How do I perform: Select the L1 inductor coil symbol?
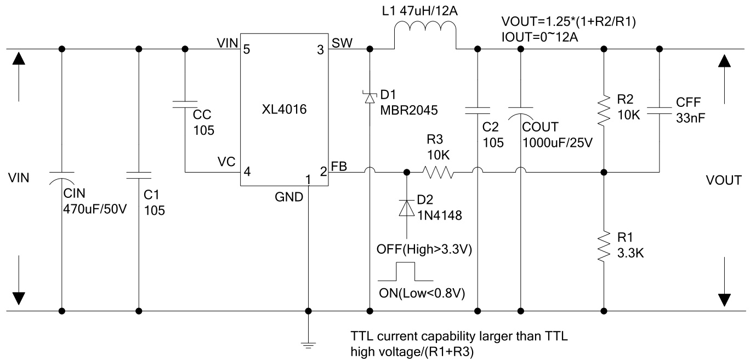pos(425,34)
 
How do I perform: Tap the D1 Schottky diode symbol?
pos(370,97)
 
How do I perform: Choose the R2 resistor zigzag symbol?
pos(604,109)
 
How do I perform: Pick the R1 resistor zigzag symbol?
pos(604,247)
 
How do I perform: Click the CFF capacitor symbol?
pos(659,110)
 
